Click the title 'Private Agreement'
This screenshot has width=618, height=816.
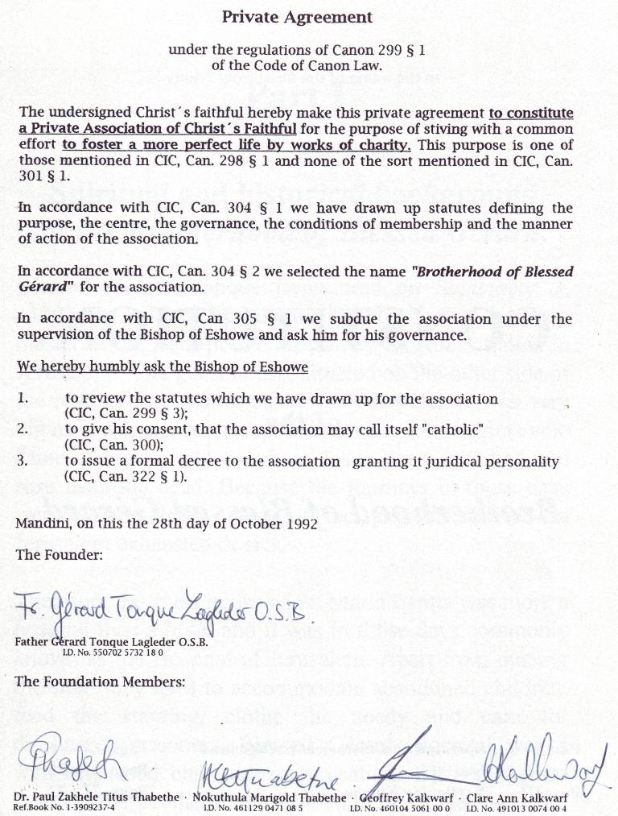(297, 17)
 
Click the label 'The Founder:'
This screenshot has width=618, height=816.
(48, 555)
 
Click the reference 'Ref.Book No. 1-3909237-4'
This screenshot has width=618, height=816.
(64, 806)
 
